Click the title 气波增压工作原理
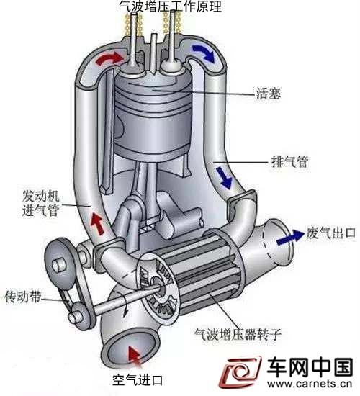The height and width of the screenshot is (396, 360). (171, 6)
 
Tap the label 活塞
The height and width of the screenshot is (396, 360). (269, 94)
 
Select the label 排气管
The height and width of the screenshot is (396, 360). (289, 161)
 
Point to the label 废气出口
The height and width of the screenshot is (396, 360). (331, 233)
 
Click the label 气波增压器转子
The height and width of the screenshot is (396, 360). (238, 334)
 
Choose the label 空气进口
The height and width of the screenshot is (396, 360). (138, 379)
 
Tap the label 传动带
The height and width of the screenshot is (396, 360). (23, 297)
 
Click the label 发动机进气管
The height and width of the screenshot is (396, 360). (40, 203)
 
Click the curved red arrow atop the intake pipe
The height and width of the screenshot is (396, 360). (109, 58)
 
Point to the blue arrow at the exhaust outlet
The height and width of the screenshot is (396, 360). (291, 238)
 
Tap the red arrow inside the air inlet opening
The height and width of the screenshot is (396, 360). (135, 357)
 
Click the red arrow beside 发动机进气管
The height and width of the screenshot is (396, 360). (98, 223)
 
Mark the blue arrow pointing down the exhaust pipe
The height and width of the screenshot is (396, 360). (224, 178)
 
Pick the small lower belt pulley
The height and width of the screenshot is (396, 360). (78, 315)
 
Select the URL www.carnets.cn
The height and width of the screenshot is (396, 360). (310, 384)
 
